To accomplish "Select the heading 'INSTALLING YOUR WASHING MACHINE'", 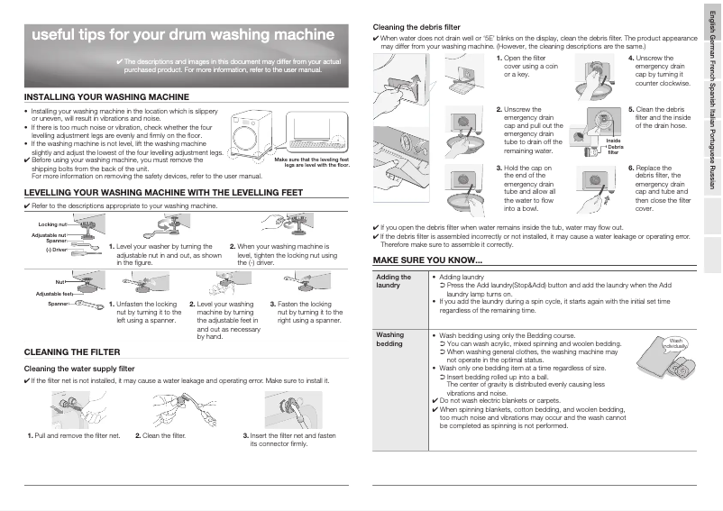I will click(106, 96).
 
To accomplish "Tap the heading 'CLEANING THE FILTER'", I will click(71, 352).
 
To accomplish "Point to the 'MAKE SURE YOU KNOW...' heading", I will click(427, 260).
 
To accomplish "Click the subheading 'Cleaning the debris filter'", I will click(416, 27).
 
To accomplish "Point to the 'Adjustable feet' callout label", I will click(54, 294).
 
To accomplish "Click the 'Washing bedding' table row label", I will click(389, 339).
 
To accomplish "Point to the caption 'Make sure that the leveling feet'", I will click(311, 160).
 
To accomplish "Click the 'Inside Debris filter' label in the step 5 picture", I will click(614, 147).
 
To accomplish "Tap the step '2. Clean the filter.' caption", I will click(160, 436).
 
